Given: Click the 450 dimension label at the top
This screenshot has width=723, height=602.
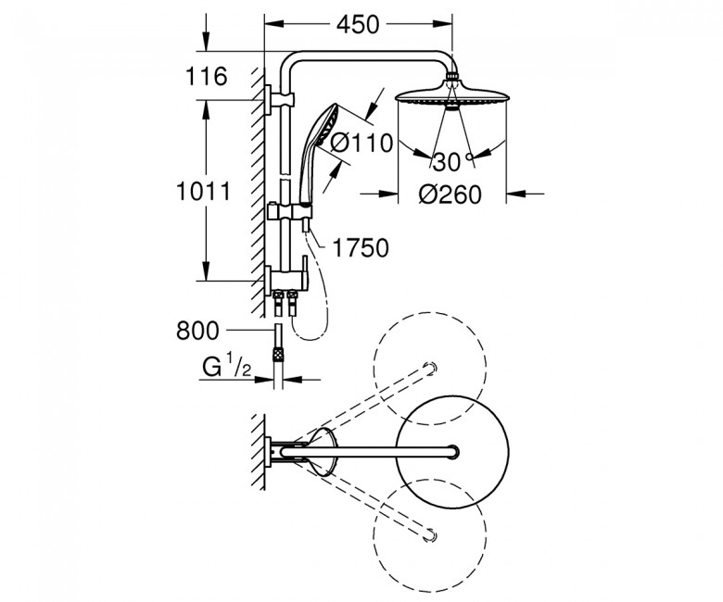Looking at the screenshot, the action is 358,24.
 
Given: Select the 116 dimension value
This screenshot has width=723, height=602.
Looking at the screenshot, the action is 206,76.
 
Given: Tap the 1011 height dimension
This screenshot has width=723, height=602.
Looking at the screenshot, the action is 203,191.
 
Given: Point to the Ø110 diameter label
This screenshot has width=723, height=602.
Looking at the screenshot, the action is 361,143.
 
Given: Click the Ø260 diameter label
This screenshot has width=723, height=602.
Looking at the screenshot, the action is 450,194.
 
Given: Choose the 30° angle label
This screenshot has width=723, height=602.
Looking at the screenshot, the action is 452,162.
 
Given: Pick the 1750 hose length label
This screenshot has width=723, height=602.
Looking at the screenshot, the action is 361,248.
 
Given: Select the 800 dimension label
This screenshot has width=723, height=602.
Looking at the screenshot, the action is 197,331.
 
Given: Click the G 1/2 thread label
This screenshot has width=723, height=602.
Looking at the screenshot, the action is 226,367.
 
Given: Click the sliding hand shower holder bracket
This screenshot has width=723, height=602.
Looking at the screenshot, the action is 290,211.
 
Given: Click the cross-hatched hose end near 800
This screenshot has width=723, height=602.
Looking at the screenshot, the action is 278,355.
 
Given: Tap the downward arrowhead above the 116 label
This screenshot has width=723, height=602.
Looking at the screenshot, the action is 206,44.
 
